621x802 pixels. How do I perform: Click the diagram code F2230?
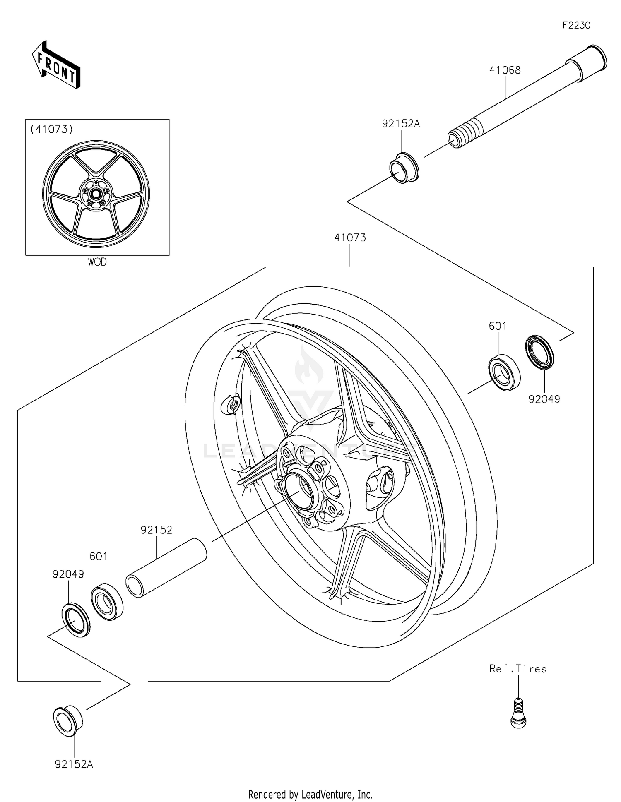click(x=576, y=25)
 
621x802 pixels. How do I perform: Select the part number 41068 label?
click(x=505, y=70)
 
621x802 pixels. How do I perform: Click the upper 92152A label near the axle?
click(x=400, y=124)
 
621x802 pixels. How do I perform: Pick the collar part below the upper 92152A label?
click(x=404, y=168)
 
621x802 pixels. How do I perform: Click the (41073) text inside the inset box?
click(x=51, y=130)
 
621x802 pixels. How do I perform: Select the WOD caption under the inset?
click(x=97, y=262)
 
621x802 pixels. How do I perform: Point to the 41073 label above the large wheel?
click(x=350, y=238)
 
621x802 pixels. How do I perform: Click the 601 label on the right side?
click(x=497, y=326)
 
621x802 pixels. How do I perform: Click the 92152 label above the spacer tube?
click(x=156, y=530)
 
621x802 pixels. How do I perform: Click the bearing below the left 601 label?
click(x=107, y=601)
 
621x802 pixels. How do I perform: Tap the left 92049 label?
click(x=68, y=574)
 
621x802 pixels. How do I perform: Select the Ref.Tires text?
click(x=517, y=669)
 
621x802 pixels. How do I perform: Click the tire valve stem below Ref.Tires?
click(x=518, y=712)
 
